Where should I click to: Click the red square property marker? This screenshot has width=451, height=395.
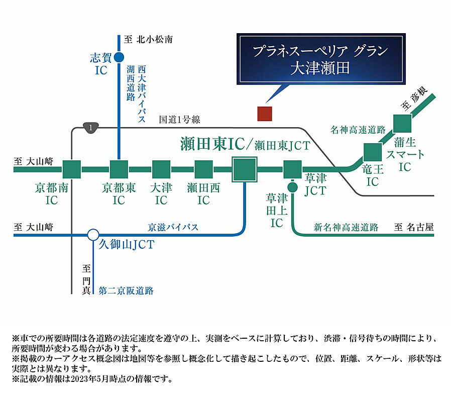click(264, 114)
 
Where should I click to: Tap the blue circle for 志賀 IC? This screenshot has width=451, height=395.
click(119, 57)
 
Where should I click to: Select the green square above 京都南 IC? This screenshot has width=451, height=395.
click(71, 170)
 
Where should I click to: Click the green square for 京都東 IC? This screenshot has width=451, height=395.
click(119, 170)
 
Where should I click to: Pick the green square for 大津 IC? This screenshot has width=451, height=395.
click(161, 170)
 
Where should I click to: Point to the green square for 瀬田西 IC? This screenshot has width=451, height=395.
click(203, 170)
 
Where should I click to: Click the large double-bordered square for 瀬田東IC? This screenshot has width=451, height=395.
click(245, 169)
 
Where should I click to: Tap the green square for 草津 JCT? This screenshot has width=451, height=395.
click(292, 170)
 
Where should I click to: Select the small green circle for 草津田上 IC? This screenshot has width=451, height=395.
click(292, 187)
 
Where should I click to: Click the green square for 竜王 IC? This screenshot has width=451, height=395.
click(372, 152)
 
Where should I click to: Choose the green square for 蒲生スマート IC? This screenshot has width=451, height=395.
click(402, 124)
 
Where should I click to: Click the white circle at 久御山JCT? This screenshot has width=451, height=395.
click(92, 234)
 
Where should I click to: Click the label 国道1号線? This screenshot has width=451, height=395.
click(179, 120)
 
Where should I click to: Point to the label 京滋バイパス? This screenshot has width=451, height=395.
click(173, 227)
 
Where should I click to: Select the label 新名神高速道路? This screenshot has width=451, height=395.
click(346, 227)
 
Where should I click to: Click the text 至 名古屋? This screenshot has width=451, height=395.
click(413, 227)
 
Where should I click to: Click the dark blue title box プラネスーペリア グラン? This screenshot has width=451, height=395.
click(321, 59)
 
